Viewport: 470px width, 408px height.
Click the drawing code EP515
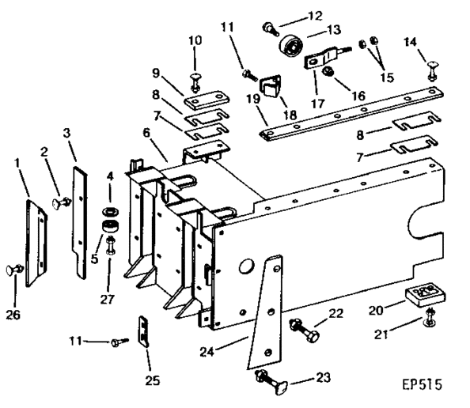[x=422, y=384]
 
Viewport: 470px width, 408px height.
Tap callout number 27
[x=108, y=299]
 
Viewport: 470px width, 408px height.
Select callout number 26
[x=13, y=315]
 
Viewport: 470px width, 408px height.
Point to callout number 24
[x=207, y=352]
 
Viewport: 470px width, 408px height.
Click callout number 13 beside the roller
[x=333, y=30]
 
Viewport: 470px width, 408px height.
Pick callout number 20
[x=376, y=311]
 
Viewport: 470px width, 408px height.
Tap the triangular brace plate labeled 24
[x=265, y=312]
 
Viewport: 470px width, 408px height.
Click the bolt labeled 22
[x=304, y=331]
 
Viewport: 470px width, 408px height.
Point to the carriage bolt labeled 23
[x=271, y=382]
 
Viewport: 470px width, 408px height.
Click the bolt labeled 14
[x=432, y=70]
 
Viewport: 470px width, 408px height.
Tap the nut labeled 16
[x=326, y=72]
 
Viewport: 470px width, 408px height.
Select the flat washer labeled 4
[x=110, y=211]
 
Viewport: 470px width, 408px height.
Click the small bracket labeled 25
[x=143, y=331]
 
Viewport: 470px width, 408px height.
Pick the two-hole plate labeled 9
[x=207, y=101]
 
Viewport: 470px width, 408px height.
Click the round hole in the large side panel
[x=246, y=266]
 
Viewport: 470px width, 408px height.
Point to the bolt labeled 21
[x=430, y=318]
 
